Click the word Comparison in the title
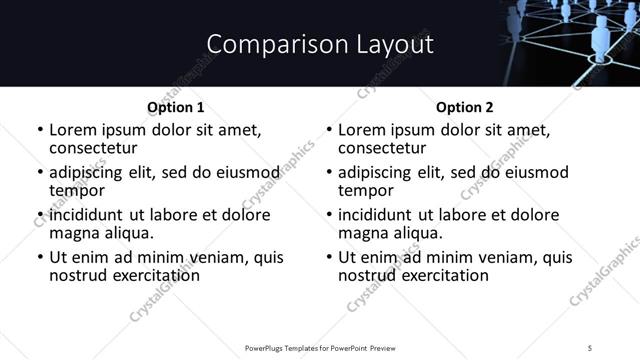(x=262, y=44)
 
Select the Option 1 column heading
(x=175, y=107)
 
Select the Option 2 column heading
(x=464, y=107)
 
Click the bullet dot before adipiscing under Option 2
(x=329, y=173)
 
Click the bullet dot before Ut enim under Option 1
(x=40, y=258)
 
